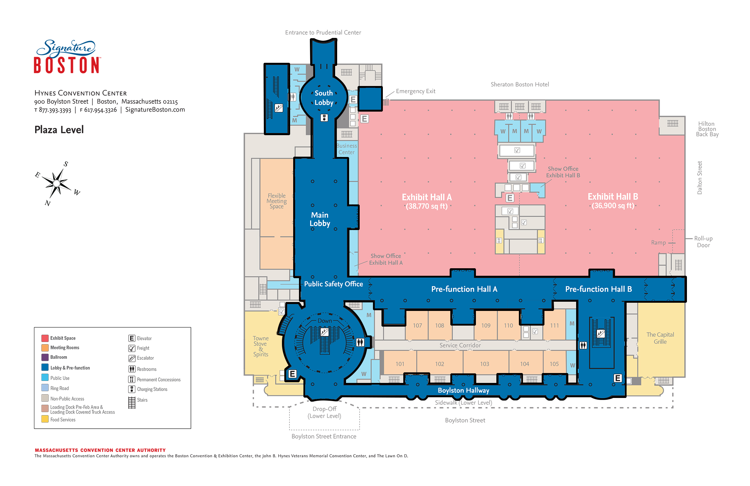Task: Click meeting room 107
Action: [x=417, y=326]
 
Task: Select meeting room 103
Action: [x=484, y=364]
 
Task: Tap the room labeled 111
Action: [x=554, y=326]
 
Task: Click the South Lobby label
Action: [x=324, y=98]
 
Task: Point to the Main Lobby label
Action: [x=320, y=219]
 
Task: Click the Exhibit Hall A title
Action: [x=426, y=198]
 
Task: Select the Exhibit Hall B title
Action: [x=613, y=197]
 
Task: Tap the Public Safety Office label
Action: [x=333, y=284]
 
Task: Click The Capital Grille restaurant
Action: [x=660, y=338]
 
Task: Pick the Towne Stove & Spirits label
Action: [x=261, y=346]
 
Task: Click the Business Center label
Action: [x=347, y=149]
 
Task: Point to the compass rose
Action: [x=57, y=184]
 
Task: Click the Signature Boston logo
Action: [x=67, y=57]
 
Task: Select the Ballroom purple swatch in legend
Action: [x=45, y=357]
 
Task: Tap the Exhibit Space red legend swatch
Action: [x=45, y=338]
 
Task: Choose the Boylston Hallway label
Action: [x=463, y=390]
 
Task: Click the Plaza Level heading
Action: [x=59, y=130]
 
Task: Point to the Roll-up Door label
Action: [x=703, y=242]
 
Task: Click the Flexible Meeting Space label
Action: [x=276, y=201]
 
